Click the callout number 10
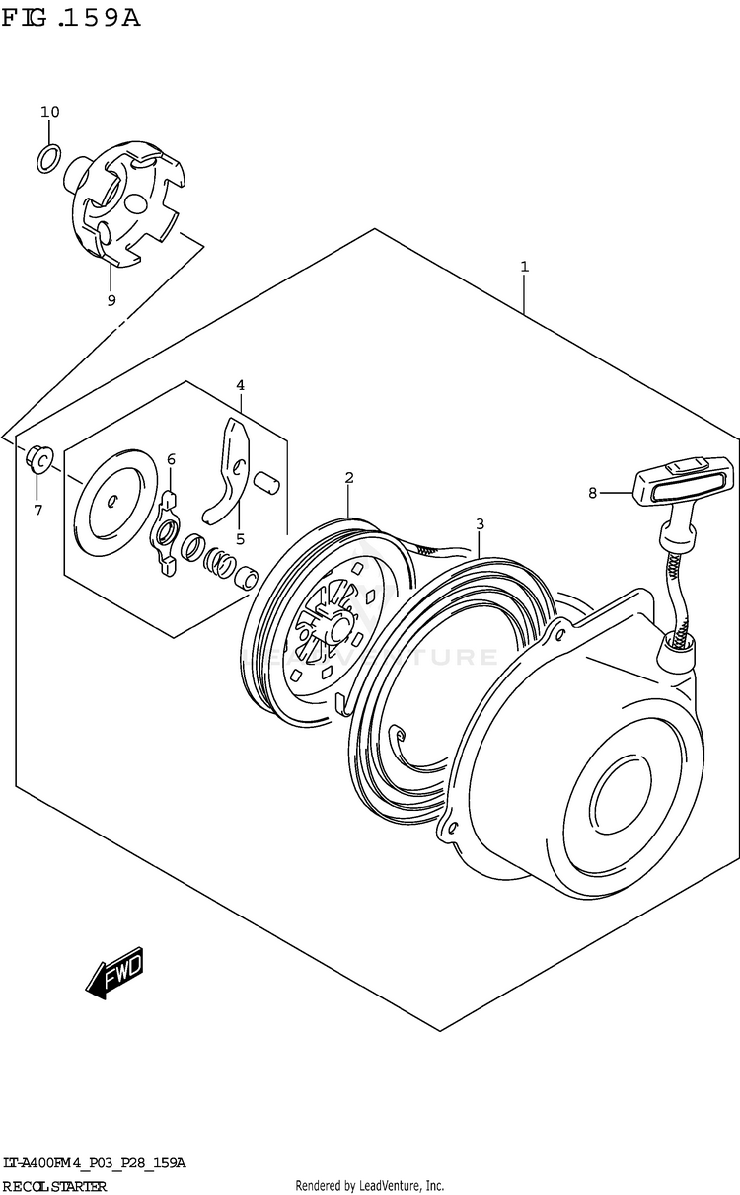pos(50,112)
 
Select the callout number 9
pos(111,300)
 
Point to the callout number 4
pos(240,385)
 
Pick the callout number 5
pos(240,539)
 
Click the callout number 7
pos(38,510)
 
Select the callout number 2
pos(349,478)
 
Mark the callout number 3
pos(480,523)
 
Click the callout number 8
pos(592,492)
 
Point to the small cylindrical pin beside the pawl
pos(265,481)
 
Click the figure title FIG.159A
pos(71,17)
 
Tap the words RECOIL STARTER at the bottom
pos(54,1186)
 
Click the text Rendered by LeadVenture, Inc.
pos(370,1186)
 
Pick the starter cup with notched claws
pos(126,204)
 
